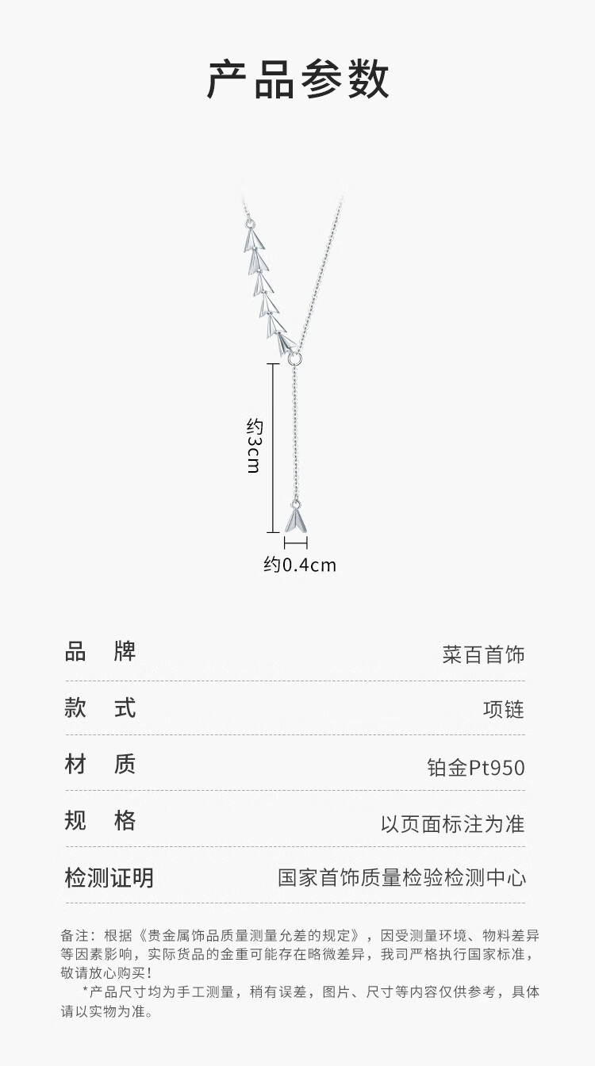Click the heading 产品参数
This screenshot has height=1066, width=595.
(297, 79)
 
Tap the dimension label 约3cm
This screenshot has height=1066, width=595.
(253, 445)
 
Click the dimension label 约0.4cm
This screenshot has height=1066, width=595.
(300, 565)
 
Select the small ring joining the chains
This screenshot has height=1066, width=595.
(295, 359)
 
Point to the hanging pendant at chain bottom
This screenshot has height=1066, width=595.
(295, 520)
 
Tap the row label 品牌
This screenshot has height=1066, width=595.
(100, 652)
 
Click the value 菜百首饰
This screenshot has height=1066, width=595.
(483, 655)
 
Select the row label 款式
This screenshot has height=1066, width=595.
(100, 707)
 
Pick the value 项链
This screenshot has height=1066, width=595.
(504, 710)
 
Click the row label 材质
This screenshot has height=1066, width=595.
(100, 764)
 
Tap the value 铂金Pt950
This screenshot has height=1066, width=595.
(475, 768)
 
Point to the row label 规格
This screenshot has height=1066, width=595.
(100, 820)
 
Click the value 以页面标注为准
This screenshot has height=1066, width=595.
(452, 823)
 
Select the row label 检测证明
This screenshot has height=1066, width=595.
(109, 878)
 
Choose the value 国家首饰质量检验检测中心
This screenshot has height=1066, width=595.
(401, 878)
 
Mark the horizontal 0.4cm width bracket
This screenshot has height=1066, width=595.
(295, 543)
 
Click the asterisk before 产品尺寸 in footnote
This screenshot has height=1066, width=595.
(86, 992)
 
